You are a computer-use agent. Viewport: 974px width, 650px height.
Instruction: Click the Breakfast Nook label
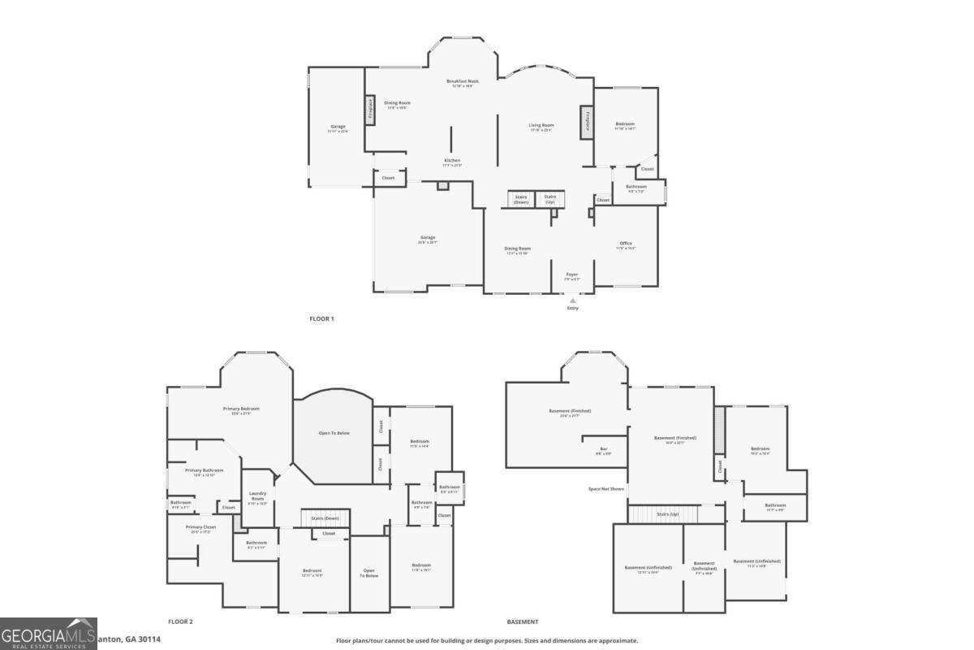[463, 82]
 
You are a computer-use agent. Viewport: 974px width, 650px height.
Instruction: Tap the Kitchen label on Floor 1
[452, 162]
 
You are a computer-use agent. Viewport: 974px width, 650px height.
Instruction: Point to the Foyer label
[572, 275]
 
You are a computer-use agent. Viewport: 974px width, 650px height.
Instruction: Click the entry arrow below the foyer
[572, 301]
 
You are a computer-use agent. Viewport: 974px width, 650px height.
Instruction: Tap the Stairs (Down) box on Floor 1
[521, 198]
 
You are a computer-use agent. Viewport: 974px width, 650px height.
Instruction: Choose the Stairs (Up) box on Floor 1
[549, 198]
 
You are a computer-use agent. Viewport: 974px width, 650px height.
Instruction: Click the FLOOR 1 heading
[321, 318]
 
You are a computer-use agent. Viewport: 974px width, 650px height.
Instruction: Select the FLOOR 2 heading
[180, 622]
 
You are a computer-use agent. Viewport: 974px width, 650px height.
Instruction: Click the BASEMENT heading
[522, 622]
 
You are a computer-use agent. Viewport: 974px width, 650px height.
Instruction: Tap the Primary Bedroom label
[241, 409]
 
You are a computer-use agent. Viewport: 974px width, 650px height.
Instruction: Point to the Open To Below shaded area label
[334, 433]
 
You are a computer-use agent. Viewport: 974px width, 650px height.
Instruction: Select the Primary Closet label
[200, 528]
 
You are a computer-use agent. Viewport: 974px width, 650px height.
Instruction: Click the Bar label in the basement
[603, 450]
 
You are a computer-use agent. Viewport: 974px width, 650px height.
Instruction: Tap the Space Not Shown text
[606, 488]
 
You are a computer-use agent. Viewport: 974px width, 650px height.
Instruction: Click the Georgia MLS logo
[49, 634]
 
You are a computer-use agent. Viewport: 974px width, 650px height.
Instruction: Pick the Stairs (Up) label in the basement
[668, 514]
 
